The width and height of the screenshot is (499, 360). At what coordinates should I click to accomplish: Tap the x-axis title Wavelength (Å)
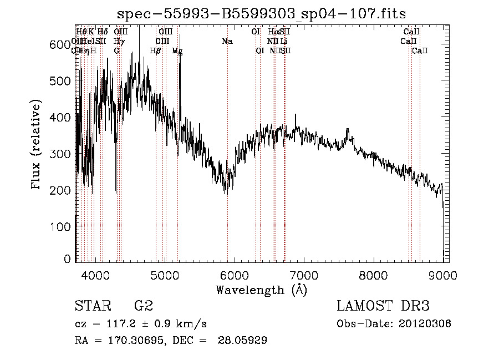point(261,290)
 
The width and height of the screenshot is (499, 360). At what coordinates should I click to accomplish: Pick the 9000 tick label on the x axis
point(442,276)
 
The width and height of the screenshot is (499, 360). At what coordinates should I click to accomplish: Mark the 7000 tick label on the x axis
point(304,276)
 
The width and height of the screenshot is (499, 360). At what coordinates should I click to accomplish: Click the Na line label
point(227,41)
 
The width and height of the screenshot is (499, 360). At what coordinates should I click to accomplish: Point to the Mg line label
point(177,51)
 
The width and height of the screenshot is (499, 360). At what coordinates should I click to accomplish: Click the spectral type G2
point(144,307)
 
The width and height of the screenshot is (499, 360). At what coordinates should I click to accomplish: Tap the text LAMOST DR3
point(383,307)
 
